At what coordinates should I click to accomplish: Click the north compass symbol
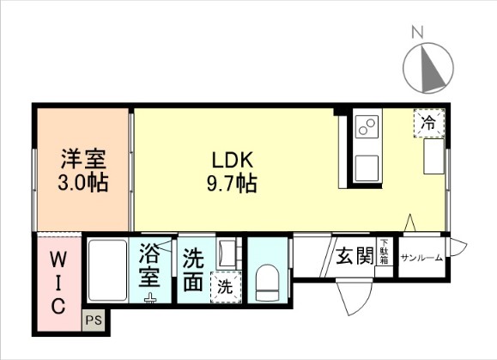coord(428,67)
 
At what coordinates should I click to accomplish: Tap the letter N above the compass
coord(418,33)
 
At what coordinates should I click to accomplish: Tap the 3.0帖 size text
coord(82,182)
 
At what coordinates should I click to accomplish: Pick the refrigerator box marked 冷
coord(428,123)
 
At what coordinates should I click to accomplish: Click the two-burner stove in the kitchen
coord(367,126)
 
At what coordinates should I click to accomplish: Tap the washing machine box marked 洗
coord(224,285)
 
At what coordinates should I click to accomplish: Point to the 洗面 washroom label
coord(193,269)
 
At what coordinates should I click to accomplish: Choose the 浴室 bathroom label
coord(151,266)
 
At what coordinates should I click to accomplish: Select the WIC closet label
coord(58,283)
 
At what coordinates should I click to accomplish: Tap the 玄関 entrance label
coord(354,256)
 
